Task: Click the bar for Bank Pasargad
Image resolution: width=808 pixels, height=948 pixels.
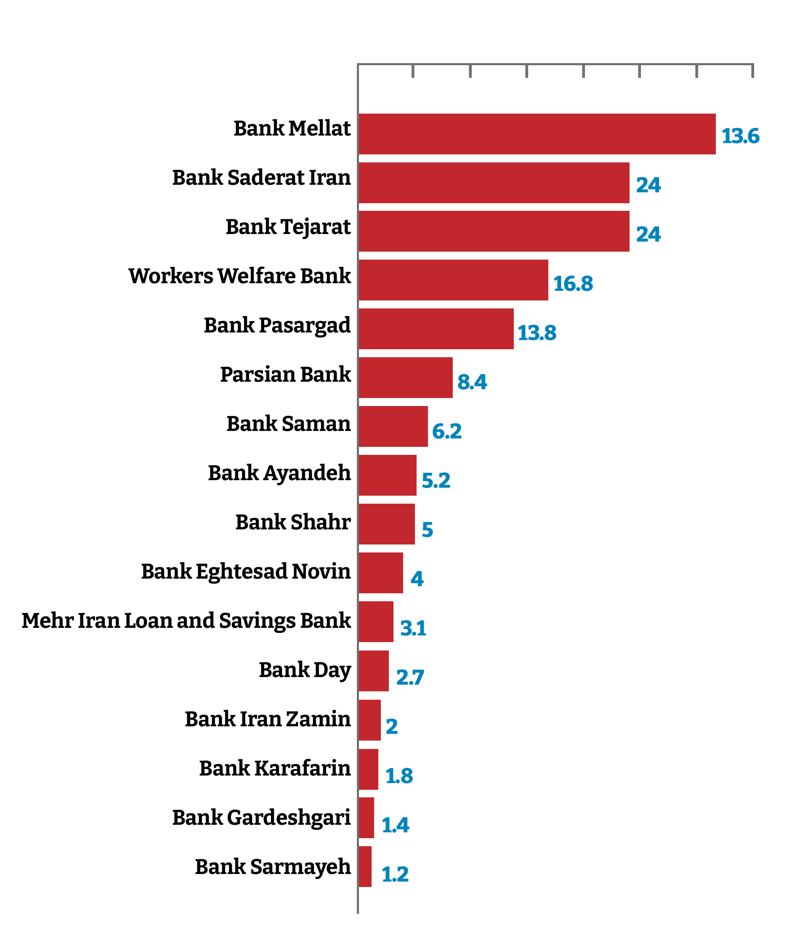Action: click(x=436, y=329)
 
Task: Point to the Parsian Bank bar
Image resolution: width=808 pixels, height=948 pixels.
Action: click(x=405, y=377)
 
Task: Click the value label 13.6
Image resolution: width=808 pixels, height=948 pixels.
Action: click(x=740, y=136)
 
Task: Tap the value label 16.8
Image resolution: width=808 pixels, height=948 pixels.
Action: click(x=572, y=284)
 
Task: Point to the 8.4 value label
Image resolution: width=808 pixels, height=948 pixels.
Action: click(x=472, y=382)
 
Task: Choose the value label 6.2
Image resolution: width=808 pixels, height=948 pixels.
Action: click(x=447, y=431)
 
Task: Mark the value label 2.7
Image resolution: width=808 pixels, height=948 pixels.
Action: click(x=410, y=677)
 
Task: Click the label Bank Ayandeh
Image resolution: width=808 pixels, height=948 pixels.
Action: click(x=279, y=473)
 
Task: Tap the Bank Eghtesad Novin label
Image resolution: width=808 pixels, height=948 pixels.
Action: click(x=246, y=571)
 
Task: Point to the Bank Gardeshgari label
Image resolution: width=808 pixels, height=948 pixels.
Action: click(x=261, y=818)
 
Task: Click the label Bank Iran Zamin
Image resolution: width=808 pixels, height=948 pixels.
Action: click(x=267, y=719)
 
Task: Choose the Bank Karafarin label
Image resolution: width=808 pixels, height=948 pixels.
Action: click(x=274, y=768)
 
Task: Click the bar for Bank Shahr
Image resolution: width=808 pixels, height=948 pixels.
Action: click(x=386, y=524)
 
